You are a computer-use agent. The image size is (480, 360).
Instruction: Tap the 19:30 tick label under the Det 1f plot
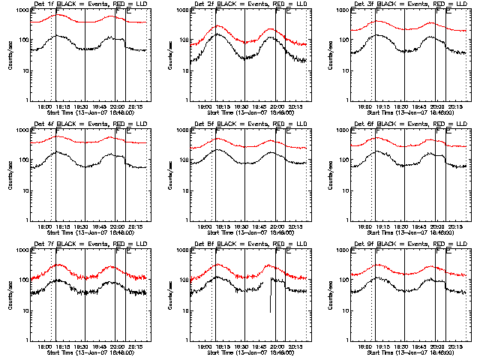[83, 107]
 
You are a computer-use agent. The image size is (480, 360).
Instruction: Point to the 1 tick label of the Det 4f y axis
[25, 220]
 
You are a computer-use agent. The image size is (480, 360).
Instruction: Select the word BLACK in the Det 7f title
[65, 244]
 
